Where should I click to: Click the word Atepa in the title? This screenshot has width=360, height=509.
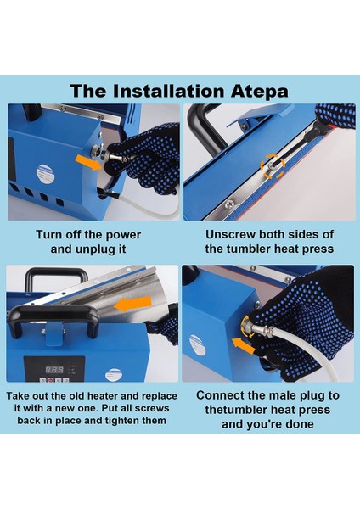coord(259,92)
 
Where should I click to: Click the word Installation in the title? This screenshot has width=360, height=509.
coord(169,91)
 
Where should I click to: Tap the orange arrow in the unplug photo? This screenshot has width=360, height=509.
coord(88,163)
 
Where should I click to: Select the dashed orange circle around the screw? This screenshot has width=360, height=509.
coord(273,166)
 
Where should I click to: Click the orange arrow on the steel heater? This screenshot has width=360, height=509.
coord(133,304)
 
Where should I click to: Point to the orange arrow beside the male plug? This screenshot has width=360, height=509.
coord(244,346)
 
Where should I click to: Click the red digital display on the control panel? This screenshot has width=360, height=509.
coord(54,369)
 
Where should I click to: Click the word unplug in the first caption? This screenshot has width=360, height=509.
coord(92,249)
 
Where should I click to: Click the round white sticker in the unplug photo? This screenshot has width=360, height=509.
coord(44,173)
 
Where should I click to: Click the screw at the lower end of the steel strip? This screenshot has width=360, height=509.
coord(229,204)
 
